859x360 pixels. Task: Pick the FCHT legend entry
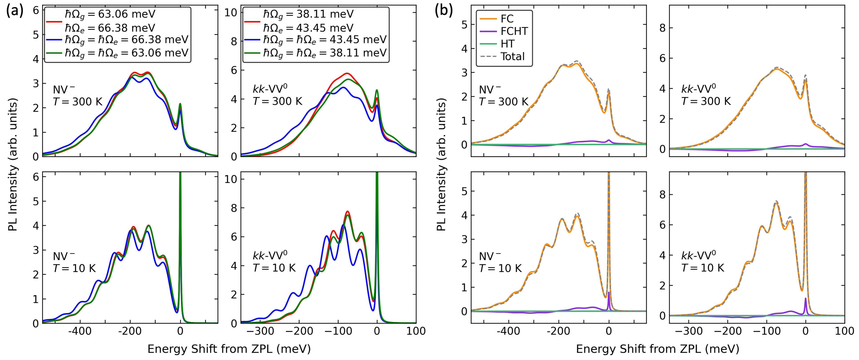pos(514,31)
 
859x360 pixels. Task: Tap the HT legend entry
pos(507,44)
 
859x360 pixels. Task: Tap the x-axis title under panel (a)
pos(229,349)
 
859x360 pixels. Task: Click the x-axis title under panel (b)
pos(658,349)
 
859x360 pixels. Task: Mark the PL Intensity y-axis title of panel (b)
pos(441,164)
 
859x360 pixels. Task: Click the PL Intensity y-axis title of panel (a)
pos(12,164)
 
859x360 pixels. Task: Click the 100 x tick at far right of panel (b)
pos(844,331)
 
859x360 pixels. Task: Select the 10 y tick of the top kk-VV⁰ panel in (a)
pos(231,13)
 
